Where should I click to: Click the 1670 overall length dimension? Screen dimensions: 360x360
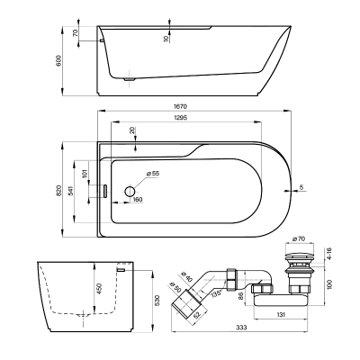point(180,106)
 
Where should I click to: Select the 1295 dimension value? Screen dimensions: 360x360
point(180,118)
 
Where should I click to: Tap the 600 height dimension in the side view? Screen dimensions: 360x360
point(58,61)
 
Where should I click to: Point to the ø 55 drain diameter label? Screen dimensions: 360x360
point(152,174)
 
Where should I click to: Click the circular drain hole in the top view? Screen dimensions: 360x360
point(130,191)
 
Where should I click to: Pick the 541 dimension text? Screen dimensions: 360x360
point(70,191)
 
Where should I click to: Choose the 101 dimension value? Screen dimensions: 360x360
point(85,173)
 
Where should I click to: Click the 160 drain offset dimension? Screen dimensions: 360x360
point(137,200)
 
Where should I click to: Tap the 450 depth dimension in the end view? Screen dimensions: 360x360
point(100,289)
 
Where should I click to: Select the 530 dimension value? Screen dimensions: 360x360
point(157,300)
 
